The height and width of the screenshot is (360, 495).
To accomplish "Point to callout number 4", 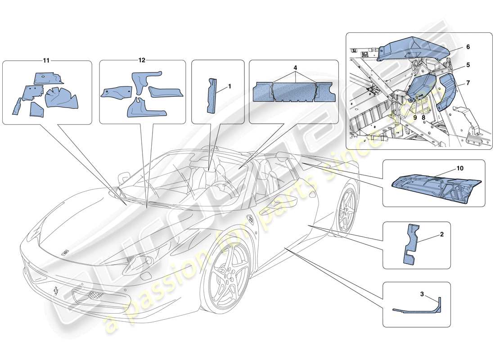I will pos(295,67).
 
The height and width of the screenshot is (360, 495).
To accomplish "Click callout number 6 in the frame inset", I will pos(468,47).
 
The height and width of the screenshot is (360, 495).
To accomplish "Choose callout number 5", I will pos(468,64).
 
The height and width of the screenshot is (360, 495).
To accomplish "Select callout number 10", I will pos(459,168).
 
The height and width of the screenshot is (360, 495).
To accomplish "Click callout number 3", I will pos(422,294).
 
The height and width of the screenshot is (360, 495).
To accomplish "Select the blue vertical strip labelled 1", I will pos(211,95).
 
